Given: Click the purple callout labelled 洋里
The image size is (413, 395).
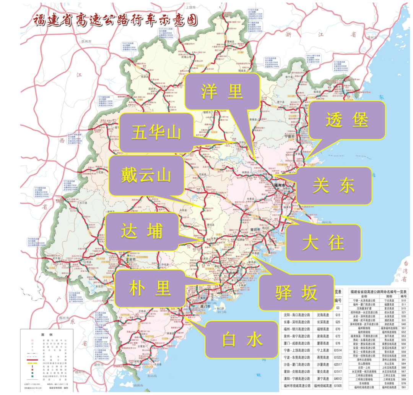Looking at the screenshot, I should [222, 91].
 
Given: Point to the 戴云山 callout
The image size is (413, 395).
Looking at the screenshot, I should [145, 175].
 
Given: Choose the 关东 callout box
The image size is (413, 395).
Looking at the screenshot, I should [334, 186].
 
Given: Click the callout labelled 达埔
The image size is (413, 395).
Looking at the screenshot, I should [142, 231].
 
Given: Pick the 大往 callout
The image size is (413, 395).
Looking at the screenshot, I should [323, 243].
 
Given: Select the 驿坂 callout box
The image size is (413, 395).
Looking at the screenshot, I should [296, 292].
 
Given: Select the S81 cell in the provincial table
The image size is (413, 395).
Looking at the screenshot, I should [403, 387].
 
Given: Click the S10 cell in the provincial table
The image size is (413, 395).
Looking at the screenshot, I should [403, 300].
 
